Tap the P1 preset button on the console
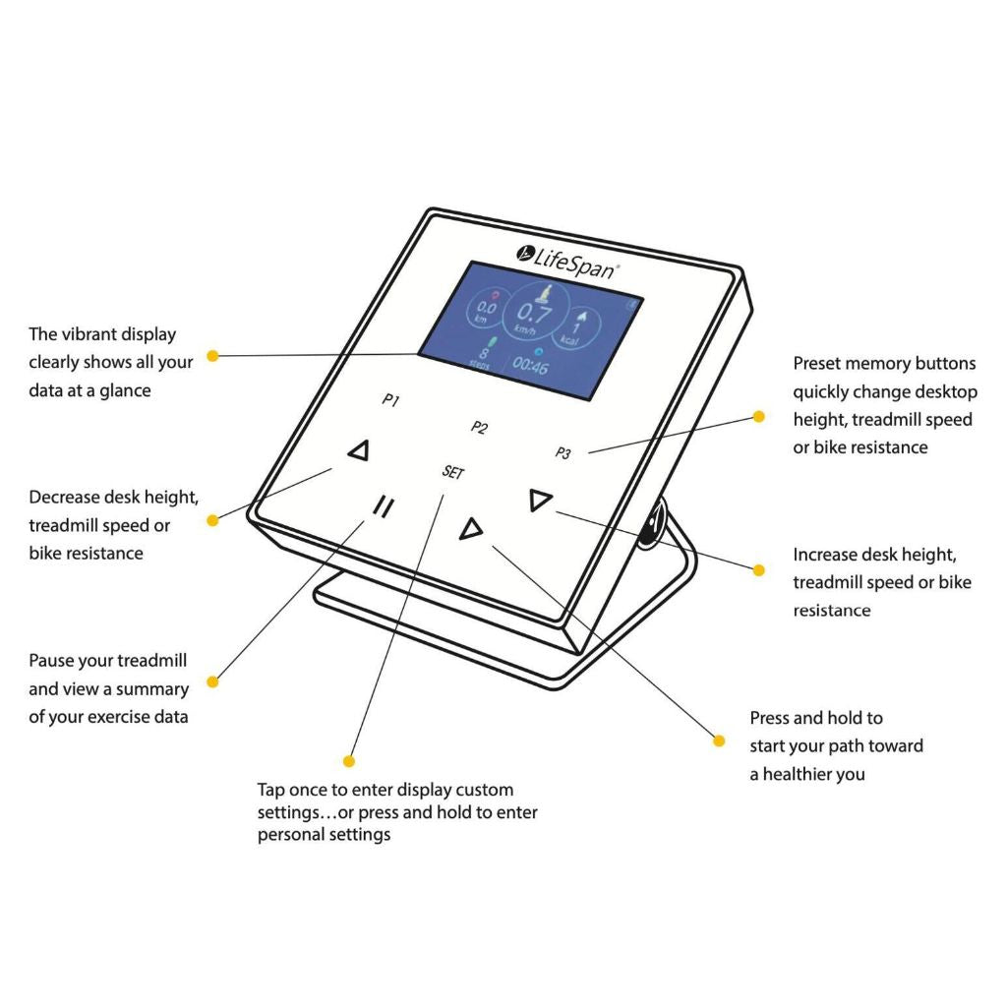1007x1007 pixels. [390, 401]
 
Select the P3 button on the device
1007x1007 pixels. [563, 453]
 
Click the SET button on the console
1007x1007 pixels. [452, 472]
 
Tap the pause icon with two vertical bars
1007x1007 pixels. [384, 507]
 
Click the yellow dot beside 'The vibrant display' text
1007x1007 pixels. [211, 355]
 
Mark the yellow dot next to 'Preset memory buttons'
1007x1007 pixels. [758, 416]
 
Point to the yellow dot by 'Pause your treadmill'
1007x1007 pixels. [211, 679]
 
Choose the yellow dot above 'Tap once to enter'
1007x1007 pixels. [348, 760]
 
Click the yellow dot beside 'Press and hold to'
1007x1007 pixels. [719, 740]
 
